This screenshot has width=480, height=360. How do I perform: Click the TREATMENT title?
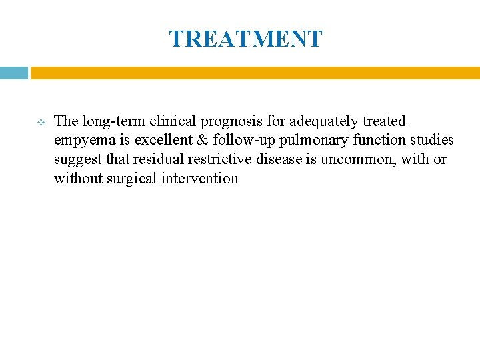click(x=245, y=39)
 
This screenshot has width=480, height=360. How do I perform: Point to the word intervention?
click(x=200, y=179)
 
